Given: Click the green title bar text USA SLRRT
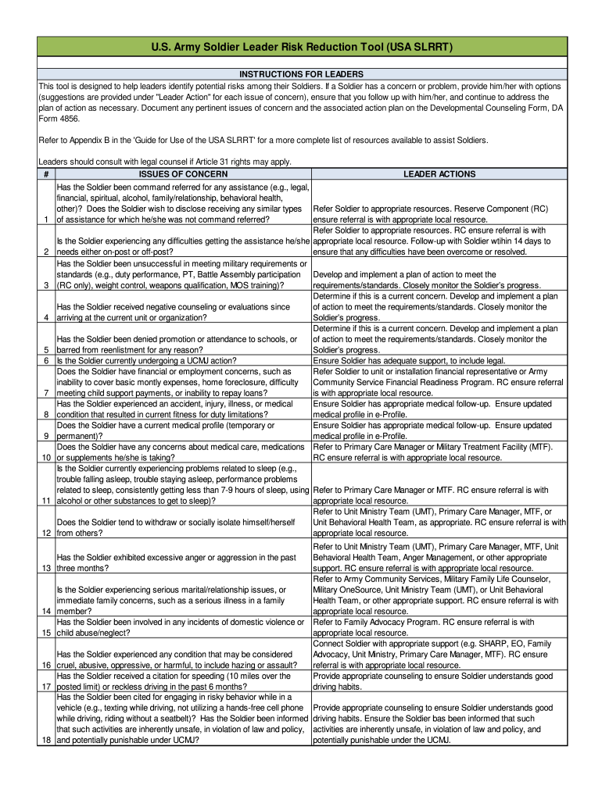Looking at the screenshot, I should click(x=301, y=48).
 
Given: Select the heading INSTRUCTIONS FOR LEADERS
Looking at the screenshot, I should click(x=302, y=73).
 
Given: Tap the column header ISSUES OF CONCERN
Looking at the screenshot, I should click(x=182, y=174).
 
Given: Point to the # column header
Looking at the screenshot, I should click(x=46, y=174).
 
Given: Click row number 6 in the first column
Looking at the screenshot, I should click(x=46, y=361).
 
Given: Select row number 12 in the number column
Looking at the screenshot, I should click(x=46, y=533).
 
